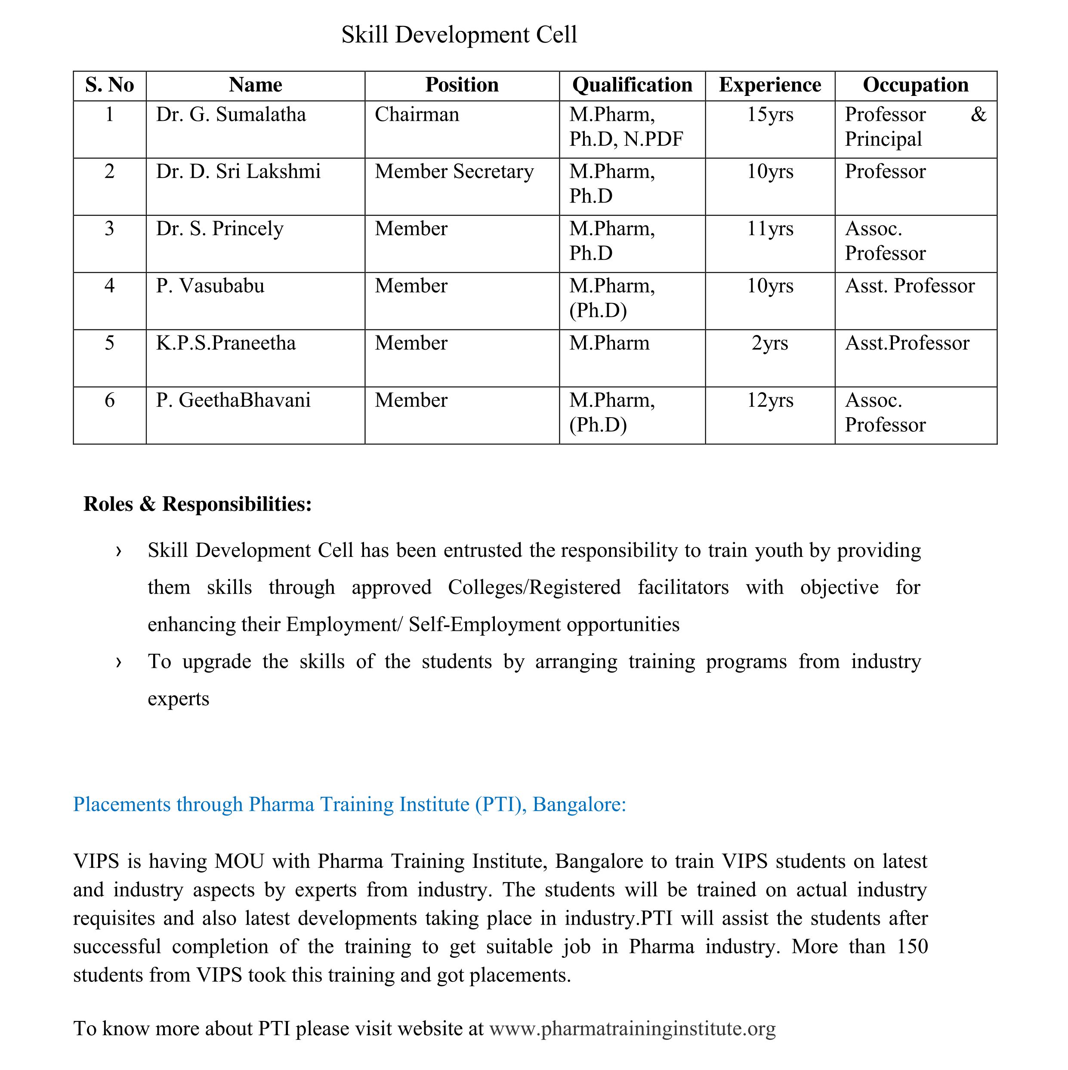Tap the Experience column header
(770, 85)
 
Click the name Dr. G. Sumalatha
(231, 115)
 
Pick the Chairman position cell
(417, 115)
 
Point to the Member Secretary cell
(454, 172)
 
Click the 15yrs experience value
(770, 115)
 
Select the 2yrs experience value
(770, 343)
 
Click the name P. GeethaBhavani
(233, 400)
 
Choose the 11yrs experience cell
(770, 229)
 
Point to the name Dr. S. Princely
(219, 229)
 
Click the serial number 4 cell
(110, 286)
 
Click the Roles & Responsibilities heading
(198, 504)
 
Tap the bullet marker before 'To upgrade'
(118, 662)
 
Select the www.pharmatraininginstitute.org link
(633, 1028)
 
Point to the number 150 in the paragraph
(912, 947)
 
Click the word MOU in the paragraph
(239, 861)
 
